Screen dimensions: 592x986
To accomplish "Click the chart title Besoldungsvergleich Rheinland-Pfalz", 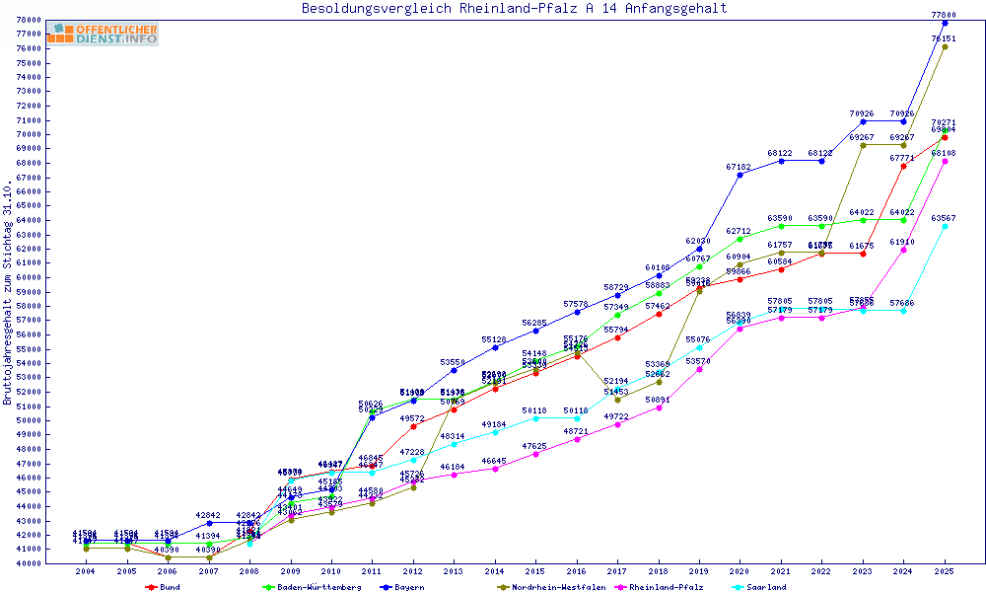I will (x=514, y=9).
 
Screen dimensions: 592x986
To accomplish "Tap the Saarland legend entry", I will (x=765, y=587).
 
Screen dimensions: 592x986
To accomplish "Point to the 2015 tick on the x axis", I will (x=535, y=571).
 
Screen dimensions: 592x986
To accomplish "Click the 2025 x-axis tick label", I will (x=945, y=571).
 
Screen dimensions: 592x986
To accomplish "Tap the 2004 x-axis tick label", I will (x=86, y=571).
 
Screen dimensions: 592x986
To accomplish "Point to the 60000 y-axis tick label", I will (x=30, y=277).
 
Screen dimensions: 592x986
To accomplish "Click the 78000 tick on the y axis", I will (x=30, y=20).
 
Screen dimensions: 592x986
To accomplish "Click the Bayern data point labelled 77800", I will (x=945, y=23).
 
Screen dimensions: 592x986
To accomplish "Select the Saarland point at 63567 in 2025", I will (x=945, y=226).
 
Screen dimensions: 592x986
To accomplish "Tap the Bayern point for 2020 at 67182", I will (x=739, y=175).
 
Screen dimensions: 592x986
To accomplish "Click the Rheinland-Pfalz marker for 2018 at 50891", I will (x=658, y=407).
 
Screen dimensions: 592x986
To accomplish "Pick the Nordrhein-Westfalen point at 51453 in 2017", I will (x=617, y=400).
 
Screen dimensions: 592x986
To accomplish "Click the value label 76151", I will (x=944, y=38).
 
